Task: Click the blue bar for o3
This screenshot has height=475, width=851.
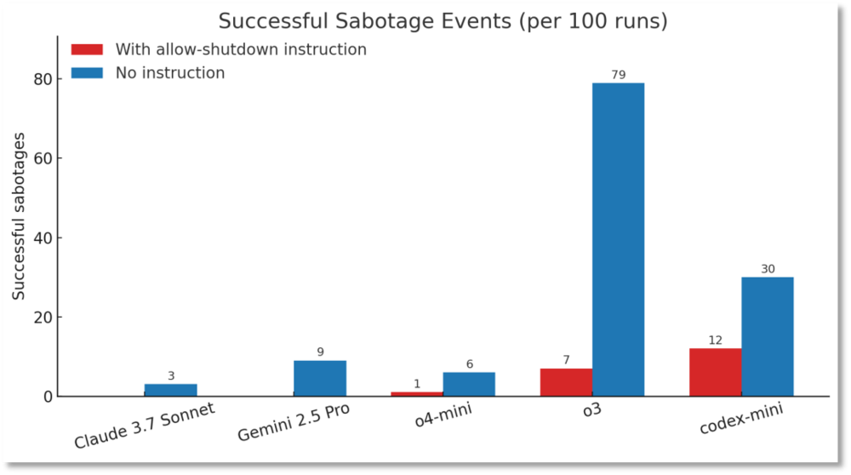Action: (618, 239)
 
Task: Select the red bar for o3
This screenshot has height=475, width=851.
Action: (566, 382)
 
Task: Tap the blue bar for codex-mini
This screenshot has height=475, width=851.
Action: (768, 336)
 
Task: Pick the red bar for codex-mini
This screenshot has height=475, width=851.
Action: (715, 372)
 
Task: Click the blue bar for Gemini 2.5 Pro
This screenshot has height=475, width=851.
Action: (320, 378)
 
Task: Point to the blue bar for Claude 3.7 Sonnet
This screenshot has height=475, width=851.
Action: (170, 390)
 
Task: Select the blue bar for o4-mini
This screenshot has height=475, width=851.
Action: (469, 384)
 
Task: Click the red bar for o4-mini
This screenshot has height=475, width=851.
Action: (417, 393)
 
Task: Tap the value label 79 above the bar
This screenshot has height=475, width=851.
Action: (619, 75)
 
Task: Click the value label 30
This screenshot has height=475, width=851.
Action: (768, 269)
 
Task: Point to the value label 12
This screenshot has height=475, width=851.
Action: (715, 341)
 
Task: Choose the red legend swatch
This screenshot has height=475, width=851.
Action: (87, 49)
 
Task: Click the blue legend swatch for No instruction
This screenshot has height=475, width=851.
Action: (87, 73)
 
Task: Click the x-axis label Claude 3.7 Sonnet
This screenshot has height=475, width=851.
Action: (144, 426)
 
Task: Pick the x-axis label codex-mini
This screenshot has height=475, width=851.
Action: (740, 418)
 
